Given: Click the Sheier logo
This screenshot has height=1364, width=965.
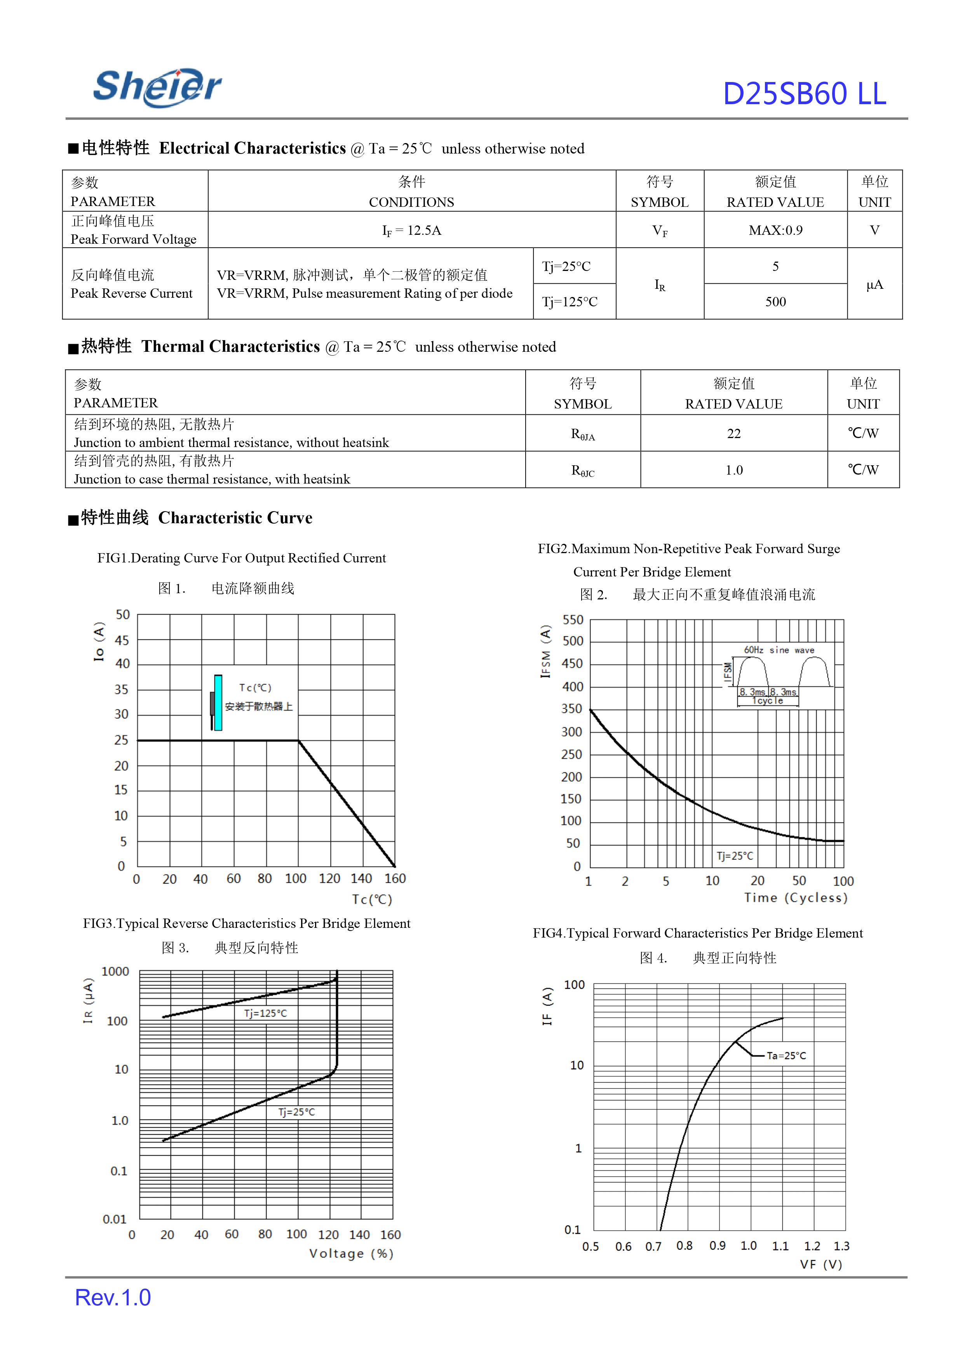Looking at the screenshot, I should (157, 87).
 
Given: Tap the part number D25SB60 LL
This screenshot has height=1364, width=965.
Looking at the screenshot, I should (804, 94).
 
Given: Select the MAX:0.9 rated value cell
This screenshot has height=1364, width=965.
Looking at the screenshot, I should (775, 230).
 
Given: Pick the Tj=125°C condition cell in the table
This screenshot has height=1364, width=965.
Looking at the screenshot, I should (569, 302).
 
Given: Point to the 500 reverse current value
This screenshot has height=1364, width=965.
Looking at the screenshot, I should (775, 302).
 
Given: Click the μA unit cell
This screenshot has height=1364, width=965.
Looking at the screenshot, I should (874, 284).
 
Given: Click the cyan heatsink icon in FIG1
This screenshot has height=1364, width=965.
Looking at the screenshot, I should (218, 702).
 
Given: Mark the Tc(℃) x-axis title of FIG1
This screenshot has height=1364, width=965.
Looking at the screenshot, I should (372, 899).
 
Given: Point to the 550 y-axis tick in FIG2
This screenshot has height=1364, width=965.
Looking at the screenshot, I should (573, 620).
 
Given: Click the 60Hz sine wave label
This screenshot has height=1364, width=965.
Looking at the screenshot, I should (779, 650).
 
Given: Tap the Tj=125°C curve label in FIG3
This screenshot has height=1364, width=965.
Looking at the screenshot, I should (265, 1013).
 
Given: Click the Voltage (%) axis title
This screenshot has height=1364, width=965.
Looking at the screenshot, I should (350, 1253).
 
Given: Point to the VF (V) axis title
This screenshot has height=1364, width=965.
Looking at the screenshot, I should (820, 1264).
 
